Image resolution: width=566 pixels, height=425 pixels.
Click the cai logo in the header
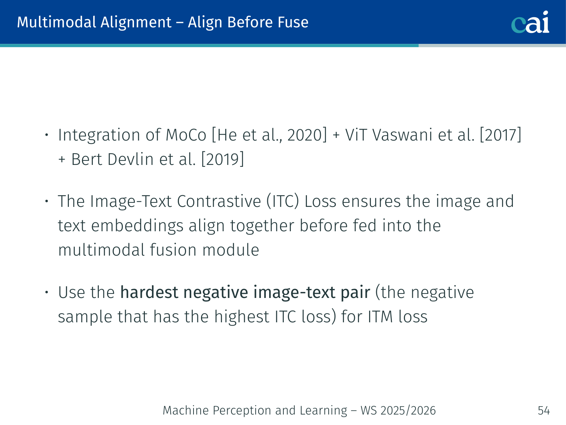(x=530, y=22)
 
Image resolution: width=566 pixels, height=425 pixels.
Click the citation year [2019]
(x=222, y=159)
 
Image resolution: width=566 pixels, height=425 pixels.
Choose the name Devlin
(x=131, y=159)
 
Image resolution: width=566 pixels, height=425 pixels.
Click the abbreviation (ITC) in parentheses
(x=282, y=201)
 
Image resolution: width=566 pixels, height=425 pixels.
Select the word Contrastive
(x=219, y=201)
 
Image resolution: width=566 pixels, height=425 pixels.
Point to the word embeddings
(x=137, y=226)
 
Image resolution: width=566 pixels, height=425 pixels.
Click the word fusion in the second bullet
(x=173, y=250)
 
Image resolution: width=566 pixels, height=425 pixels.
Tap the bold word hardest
(x=149, y=292)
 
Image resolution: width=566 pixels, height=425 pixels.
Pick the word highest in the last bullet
(x=242, y=317)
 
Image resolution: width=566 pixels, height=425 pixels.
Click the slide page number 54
(x=544, y=410)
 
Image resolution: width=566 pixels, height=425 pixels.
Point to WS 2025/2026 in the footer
(x=398, y=410)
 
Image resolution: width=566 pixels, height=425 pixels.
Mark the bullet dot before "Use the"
(x=47, y=292)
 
